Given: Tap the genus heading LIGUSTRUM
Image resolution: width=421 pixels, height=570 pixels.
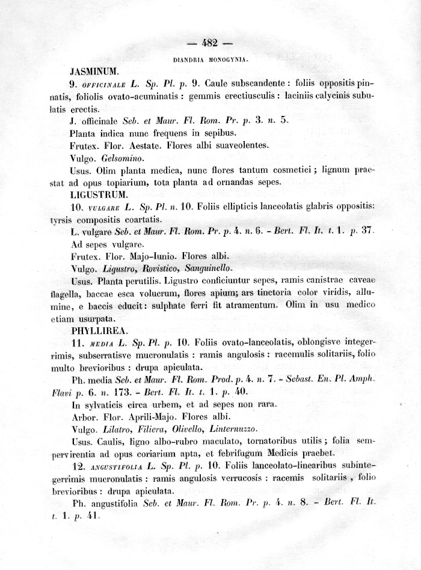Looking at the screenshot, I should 99,195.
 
